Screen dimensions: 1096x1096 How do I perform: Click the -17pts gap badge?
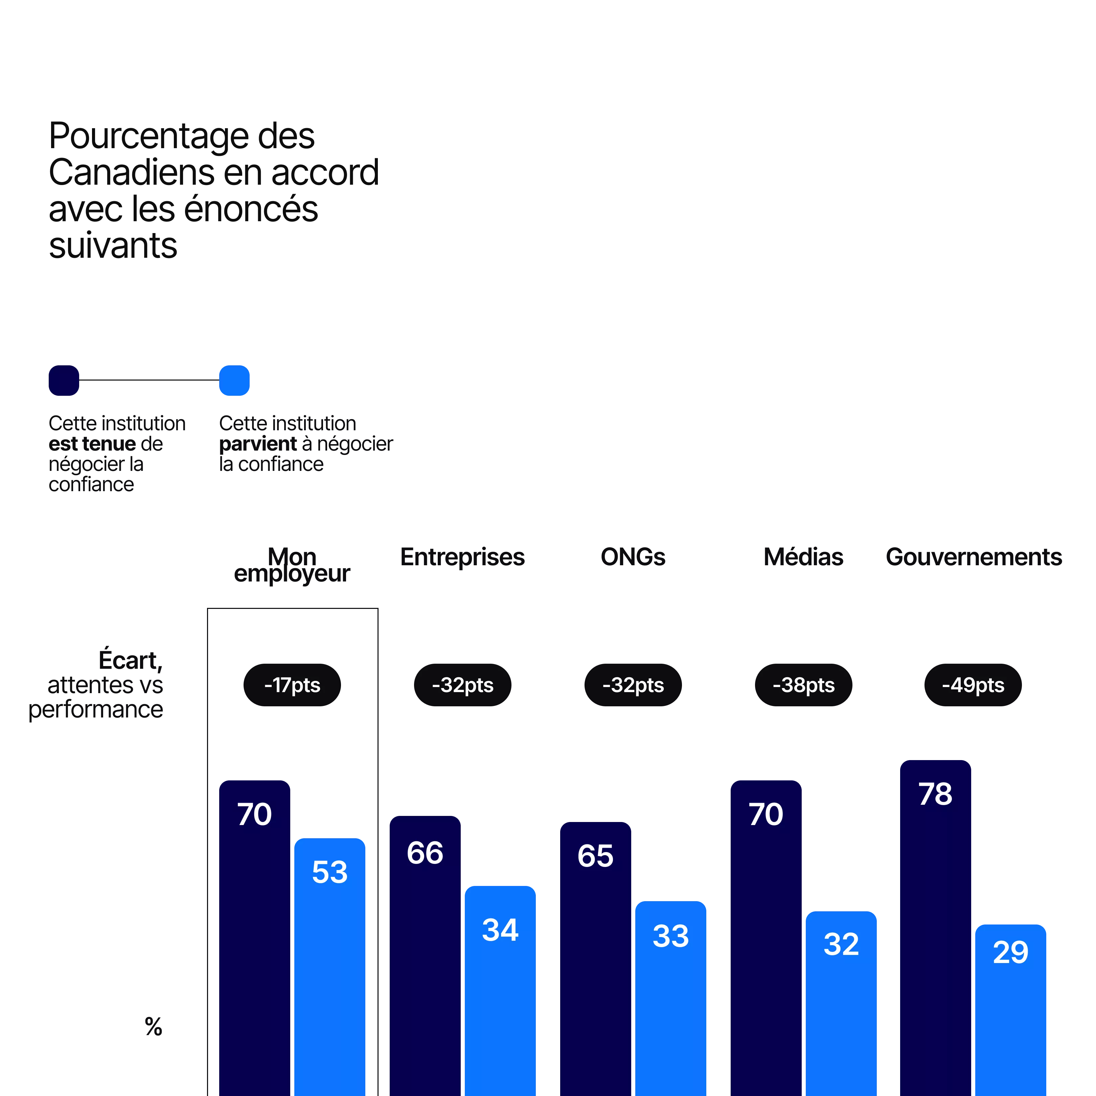292,685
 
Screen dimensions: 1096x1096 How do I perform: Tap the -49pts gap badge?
973,685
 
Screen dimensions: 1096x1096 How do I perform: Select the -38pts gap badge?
803,685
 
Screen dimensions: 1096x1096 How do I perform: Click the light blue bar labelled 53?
329,964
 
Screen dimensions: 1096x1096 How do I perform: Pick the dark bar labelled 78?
935,930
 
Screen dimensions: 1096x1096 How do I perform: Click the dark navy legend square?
64,380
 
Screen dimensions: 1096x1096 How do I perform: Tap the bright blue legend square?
234,380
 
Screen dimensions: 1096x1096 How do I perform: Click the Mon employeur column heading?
292,565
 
